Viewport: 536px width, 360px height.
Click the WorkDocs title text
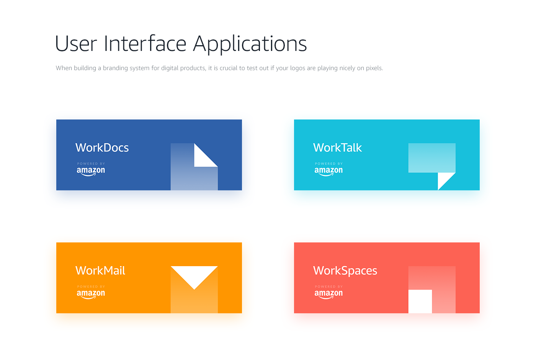[102, 147]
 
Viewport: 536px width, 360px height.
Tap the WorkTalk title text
[337, 147]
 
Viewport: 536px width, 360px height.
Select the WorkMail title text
[100, 270]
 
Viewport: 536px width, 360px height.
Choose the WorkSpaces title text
[345, 271]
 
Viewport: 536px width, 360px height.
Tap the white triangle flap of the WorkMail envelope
[194, 275]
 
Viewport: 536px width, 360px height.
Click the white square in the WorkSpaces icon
[420, 301]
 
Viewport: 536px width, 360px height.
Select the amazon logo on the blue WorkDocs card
[91, 171]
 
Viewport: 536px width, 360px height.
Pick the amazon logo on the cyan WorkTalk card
[328, 171]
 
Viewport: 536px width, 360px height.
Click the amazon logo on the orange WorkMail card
[91, 294]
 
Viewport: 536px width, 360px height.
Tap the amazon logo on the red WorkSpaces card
[328, 294]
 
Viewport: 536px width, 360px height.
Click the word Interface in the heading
[145, 43]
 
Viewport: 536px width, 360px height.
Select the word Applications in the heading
[250, 44]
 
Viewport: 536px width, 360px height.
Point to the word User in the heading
[76, 44]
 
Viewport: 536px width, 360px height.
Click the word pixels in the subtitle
[374, 68]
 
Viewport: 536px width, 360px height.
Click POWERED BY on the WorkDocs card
[91, 164]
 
